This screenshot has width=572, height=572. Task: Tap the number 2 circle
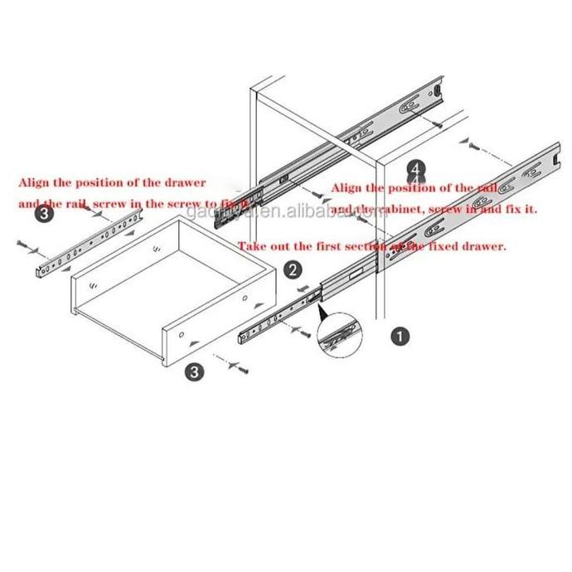click(x=292, y=269)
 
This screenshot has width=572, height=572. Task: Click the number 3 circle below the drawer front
click(x=194, y=372)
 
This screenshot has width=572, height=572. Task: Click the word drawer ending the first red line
click(x=186, y=181)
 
